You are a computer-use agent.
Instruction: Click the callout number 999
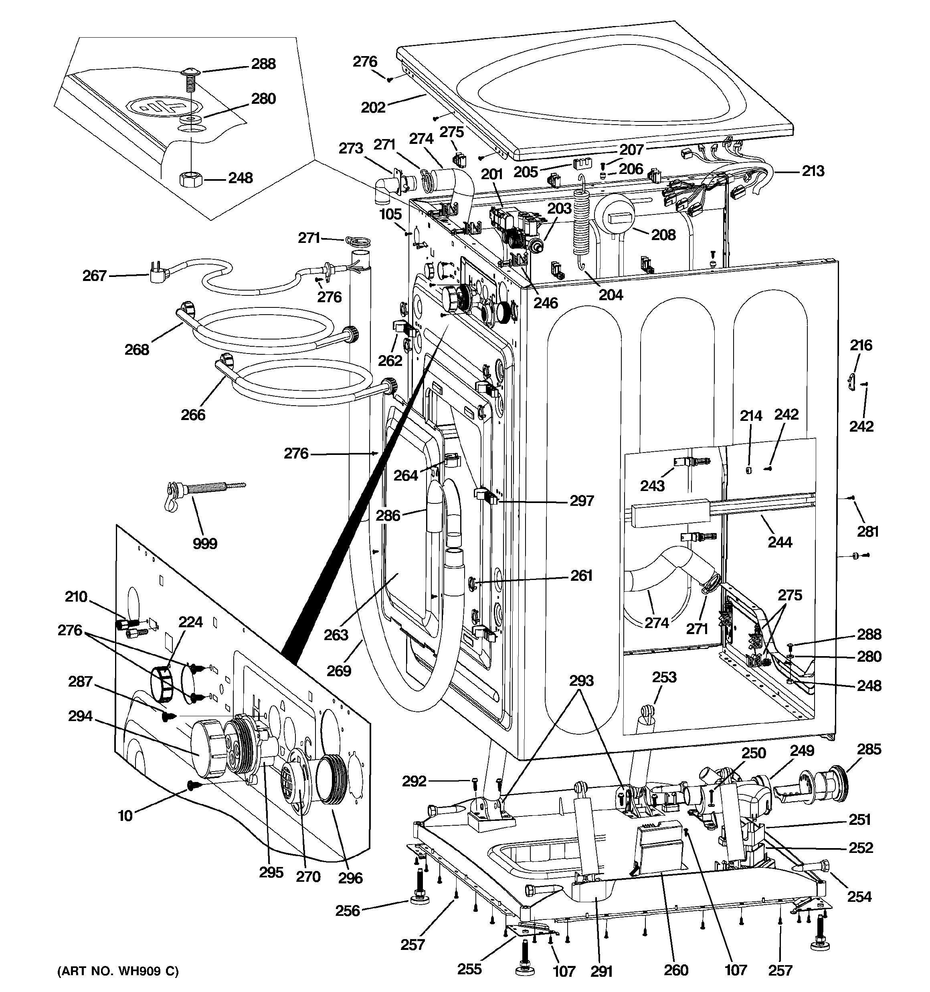(205, 543)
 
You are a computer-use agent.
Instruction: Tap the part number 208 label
(663, 234)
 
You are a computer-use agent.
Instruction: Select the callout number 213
(813, 171)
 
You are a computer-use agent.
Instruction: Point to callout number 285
(869, 749)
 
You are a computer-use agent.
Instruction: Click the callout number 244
(780, 542)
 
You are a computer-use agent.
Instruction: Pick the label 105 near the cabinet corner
(390, 214)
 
